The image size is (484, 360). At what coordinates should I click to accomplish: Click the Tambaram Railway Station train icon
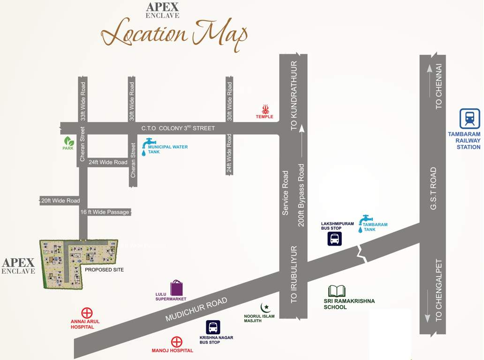(x=469, y=119)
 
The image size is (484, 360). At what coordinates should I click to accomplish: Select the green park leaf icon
(x=68, y=141)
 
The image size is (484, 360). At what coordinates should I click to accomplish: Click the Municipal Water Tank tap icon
(x=149, y=144)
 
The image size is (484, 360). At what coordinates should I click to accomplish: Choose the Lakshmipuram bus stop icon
(x=334, y=239)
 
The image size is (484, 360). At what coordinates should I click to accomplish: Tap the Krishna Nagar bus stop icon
(x=213, y=327)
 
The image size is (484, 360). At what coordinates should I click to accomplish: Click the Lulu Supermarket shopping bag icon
(x=176, y=287)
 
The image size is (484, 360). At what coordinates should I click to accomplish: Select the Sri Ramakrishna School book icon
(x=337, y=291)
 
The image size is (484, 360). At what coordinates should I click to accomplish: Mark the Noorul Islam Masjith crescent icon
(x=266, y=307)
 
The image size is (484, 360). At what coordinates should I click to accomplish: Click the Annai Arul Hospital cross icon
(x=87, y=313)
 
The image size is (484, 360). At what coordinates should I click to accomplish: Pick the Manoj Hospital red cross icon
(x=176, y=342)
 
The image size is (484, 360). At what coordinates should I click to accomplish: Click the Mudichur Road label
(x=196, y=309)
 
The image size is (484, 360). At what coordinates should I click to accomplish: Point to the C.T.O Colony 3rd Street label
(x=178, y=128)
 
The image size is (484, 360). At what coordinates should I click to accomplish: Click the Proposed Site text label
(x=104, y=270)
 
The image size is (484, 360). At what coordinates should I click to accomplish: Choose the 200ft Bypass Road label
(x=301, y=195)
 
